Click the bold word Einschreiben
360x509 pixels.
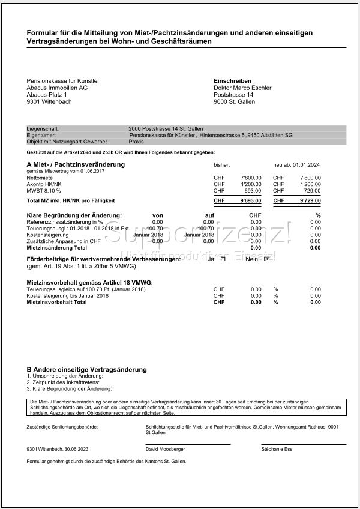click(232, 81)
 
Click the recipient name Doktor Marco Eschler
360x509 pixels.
click(242, 88)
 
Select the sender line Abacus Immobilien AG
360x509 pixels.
click(57, 88)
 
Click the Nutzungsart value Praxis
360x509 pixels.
click(136, 142)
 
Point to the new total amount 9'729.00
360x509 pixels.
click(310, 200)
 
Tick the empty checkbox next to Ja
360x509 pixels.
click(224, 259)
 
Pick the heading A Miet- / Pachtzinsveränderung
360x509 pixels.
click(76, 164)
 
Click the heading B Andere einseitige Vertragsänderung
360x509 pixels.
click(87, 369)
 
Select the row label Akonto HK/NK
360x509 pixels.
click(44, 184)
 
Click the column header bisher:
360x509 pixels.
click(222, 165)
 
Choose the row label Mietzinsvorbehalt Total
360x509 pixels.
click(56, 302)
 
